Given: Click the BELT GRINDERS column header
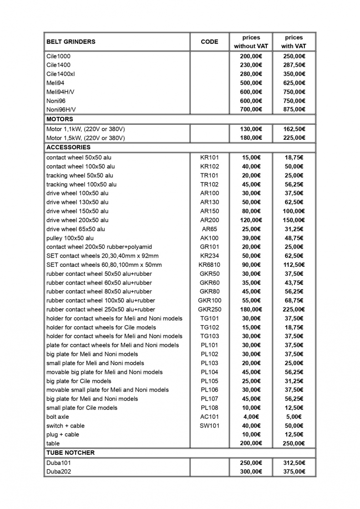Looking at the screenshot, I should (x=71, y=42).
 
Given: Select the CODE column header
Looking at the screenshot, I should (x=209, y=42).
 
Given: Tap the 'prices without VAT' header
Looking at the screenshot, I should (x=251, y=42).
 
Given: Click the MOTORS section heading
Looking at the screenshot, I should (x=60, y=119).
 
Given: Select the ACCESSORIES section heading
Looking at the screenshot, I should (x=68, y=148).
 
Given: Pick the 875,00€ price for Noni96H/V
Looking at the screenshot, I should (x=294, y=110).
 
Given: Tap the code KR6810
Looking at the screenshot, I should (x=209, y=265).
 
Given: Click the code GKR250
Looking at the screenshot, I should (x=209, y=310).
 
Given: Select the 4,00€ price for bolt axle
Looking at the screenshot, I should (x=251, y=417).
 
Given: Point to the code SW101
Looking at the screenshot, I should (x=209, y=426).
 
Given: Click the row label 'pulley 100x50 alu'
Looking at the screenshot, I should (x=70, y=238).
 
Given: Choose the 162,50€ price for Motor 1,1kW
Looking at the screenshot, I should (x=294, y=129).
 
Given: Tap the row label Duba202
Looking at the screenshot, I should (x=59, y=472).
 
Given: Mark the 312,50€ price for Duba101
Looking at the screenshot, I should (x=294, y=463).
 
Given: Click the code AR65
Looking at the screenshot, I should (x=209, y=229).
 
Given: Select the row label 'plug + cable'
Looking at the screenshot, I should (x=62, y=435).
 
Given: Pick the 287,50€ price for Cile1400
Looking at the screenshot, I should (x=294, y=65).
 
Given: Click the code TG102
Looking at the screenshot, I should (x=209, y=327).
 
